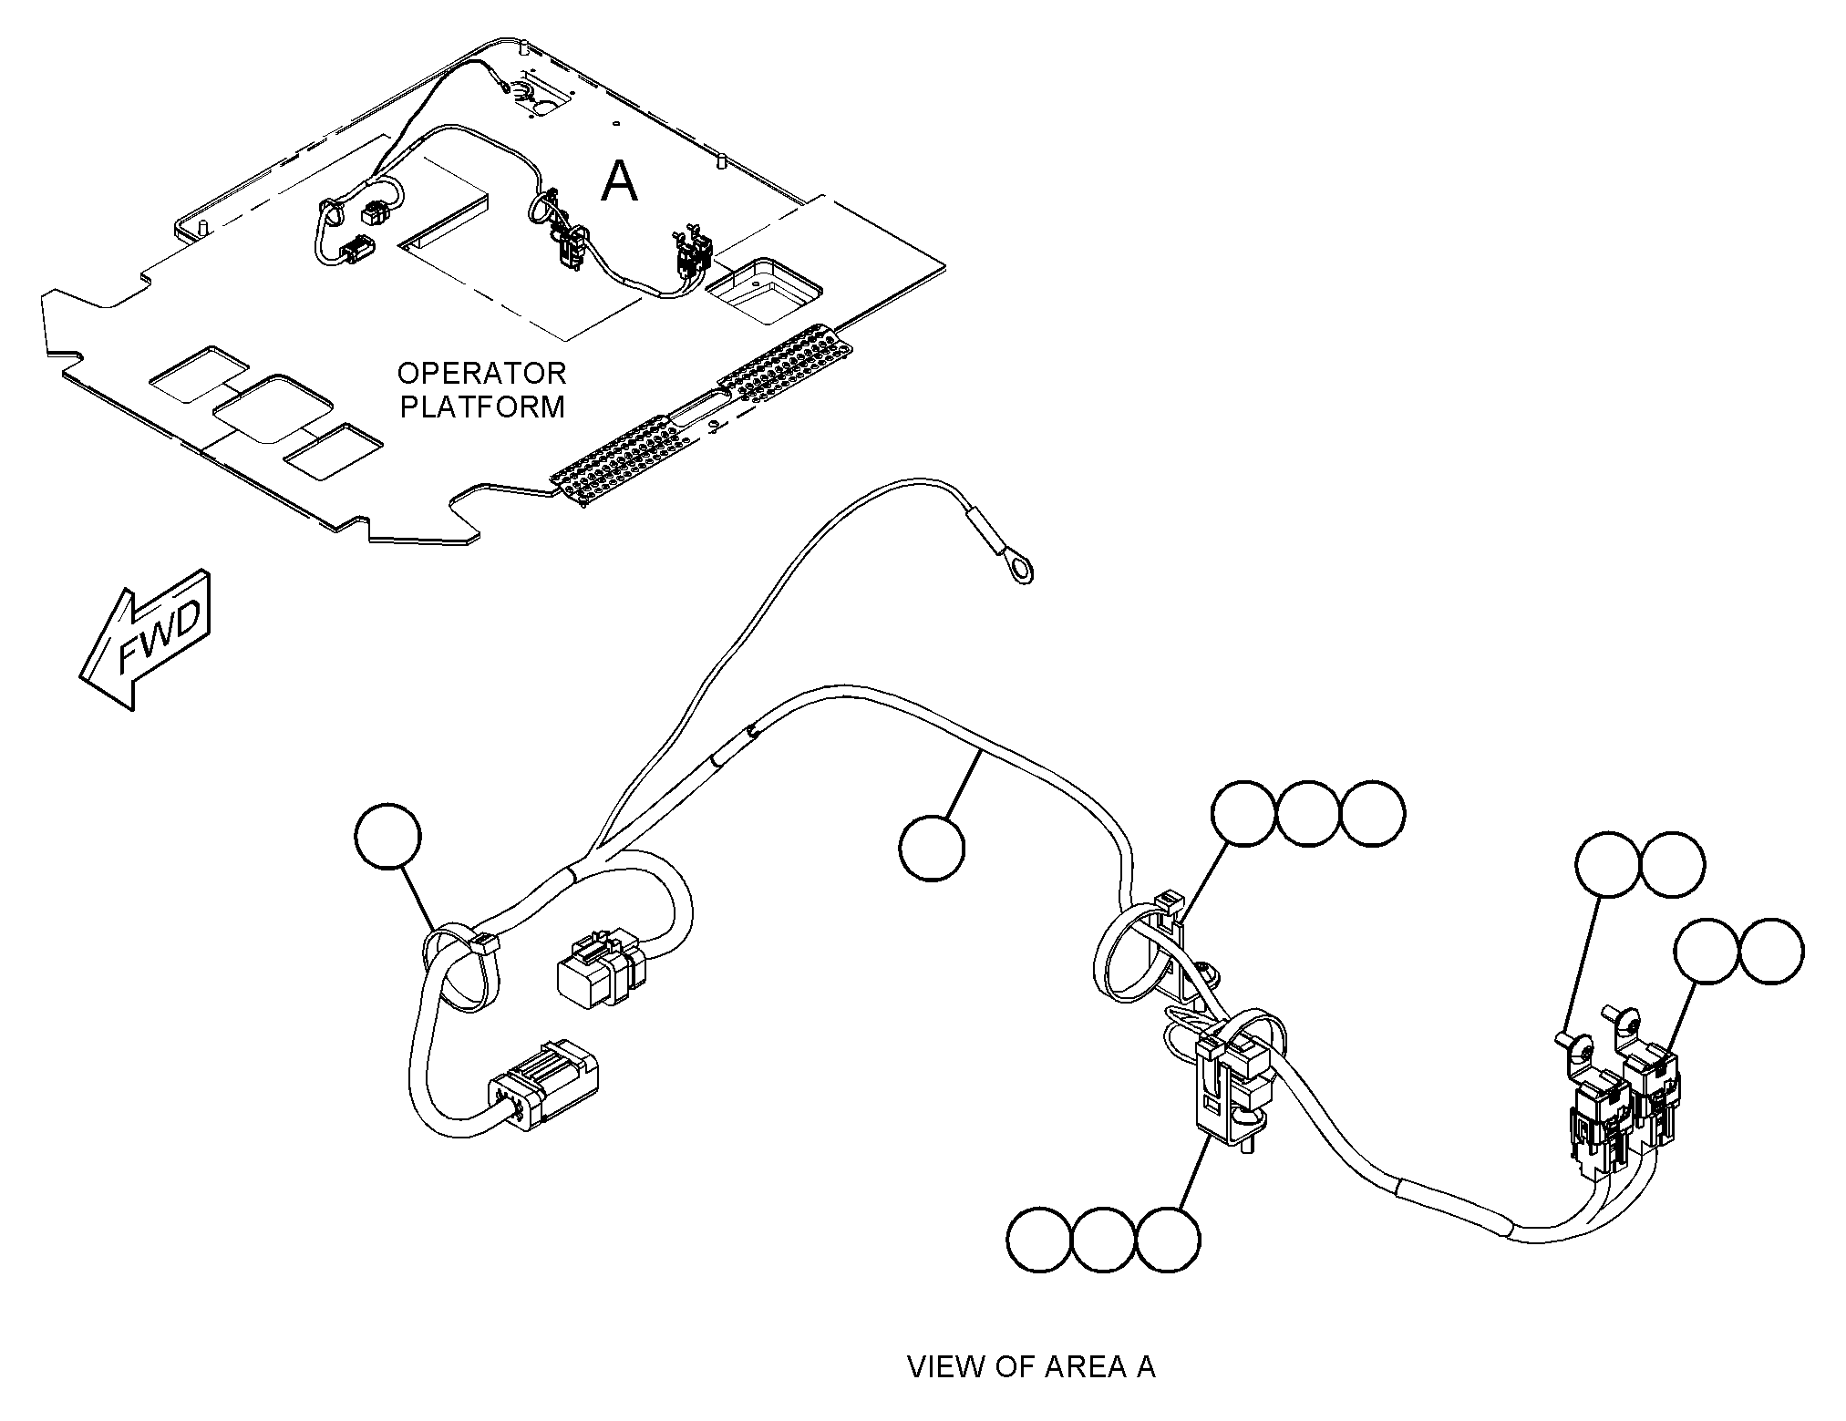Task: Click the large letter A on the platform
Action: (619, 181)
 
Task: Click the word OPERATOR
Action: (482, 373)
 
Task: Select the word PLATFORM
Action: (482, 407)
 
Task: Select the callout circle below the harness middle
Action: (932, 848)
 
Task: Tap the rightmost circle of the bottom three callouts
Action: (1168, 1240)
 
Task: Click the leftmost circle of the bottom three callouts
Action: (1040, 1240)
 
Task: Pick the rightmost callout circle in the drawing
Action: (1771, 951)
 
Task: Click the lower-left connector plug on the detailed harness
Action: (545, 1086)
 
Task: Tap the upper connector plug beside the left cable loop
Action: (603, 967)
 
